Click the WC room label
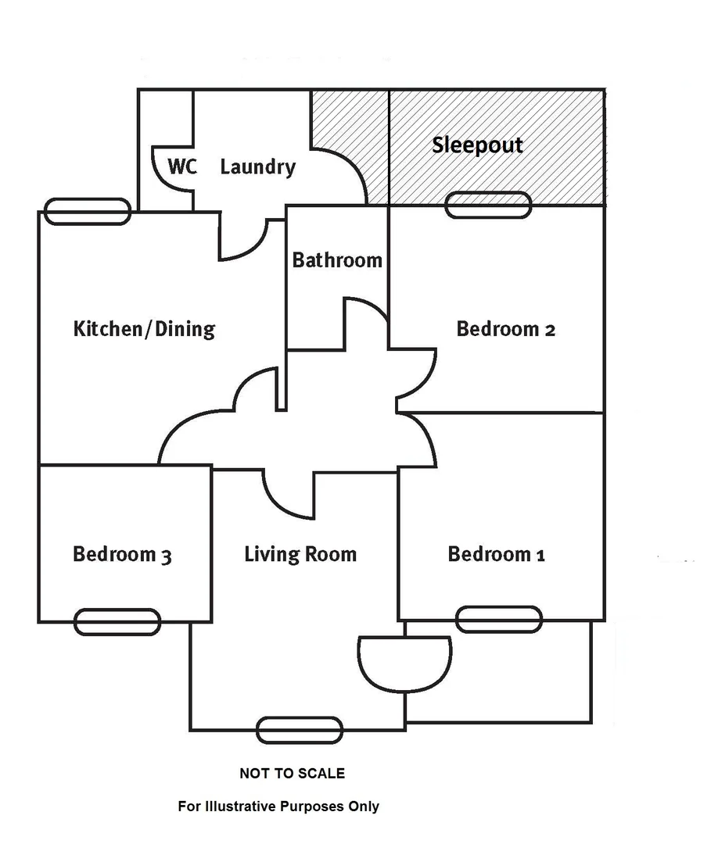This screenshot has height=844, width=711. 182,166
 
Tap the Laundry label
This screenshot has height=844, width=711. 258,167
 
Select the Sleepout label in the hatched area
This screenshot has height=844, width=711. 477,145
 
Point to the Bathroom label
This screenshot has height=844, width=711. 337,260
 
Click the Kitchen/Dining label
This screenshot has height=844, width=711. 145,329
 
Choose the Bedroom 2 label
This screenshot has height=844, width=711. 506,329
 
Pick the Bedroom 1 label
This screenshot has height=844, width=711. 497,554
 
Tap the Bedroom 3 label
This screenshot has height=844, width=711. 122,554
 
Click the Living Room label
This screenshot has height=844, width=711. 300,554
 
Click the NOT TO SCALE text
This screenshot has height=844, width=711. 293,774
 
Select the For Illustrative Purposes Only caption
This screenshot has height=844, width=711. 278,806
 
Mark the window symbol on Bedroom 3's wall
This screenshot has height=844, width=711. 117,622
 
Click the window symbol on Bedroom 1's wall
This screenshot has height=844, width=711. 499,619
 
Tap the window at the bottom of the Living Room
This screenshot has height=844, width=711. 300,730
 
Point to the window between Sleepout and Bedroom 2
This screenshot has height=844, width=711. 489,205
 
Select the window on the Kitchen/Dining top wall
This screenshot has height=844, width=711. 88,212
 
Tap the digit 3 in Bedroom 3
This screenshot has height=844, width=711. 167,556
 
